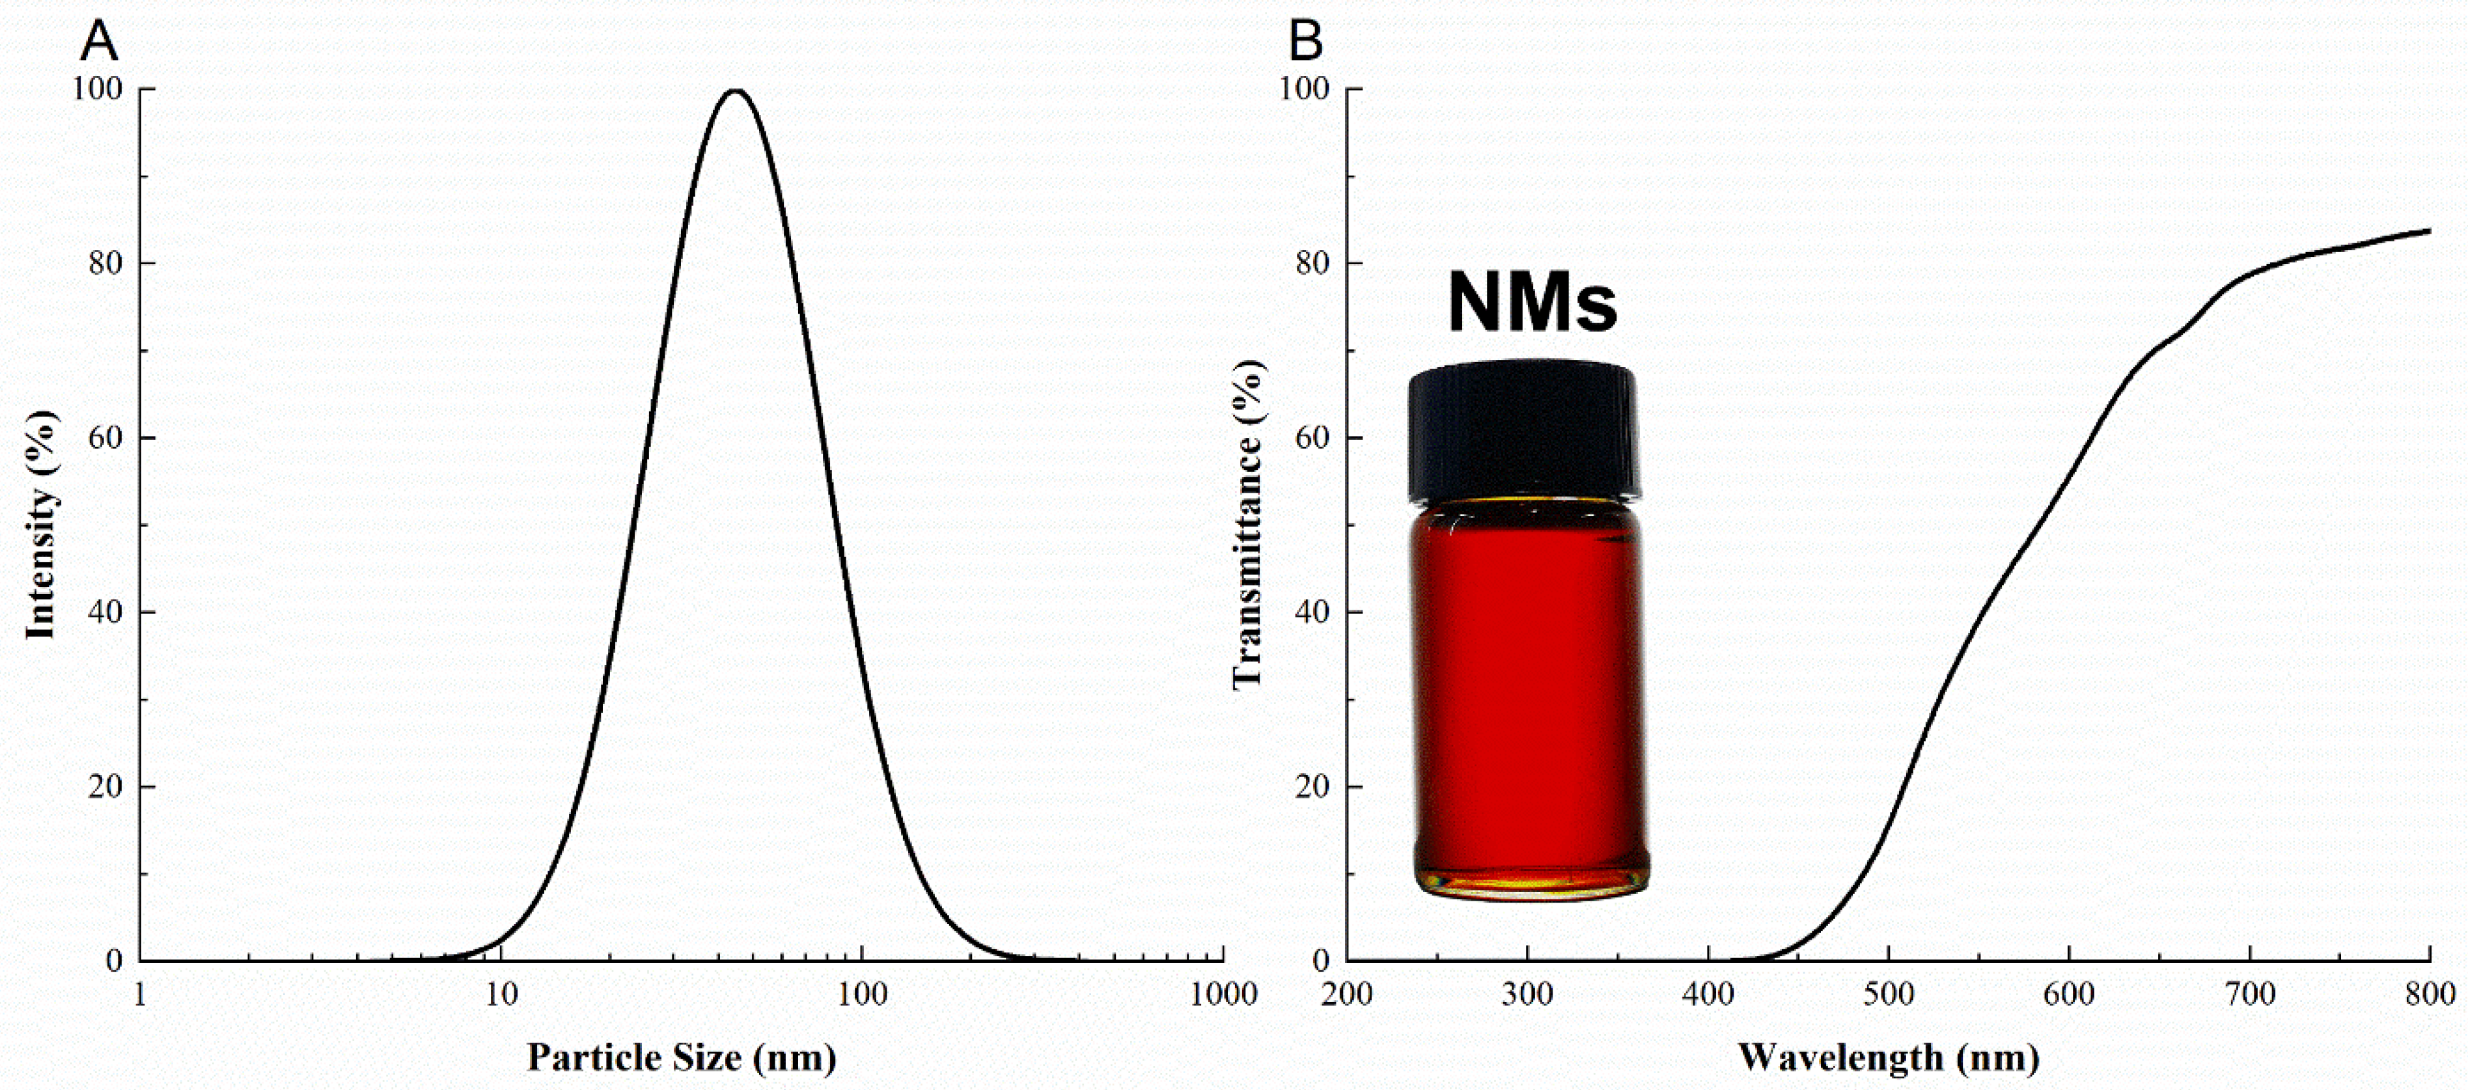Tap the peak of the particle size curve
pos(736,92)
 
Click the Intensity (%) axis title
pos(41,525)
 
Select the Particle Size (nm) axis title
pos(681,1057)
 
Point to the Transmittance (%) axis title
pos(1247,525)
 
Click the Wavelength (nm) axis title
pos(1889,1057)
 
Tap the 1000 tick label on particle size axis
pos(1223,994)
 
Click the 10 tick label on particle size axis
pos(500,994)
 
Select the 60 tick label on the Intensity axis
pos(105,438)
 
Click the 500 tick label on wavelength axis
pos(1889,994)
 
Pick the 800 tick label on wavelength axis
pos(2430,994)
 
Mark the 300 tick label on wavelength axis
pos(1527,994)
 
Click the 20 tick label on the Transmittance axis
pos(1314,786)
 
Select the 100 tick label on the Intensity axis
pos(98,89)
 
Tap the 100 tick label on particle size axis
pos(861,994)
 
